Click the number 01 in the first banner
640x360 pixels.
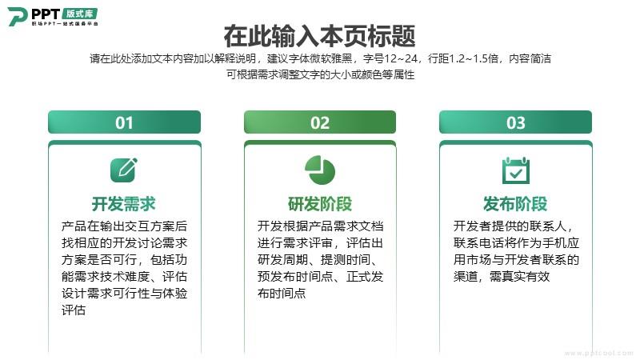point(124,123)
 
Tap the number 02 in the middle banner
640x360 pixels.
point(319,123)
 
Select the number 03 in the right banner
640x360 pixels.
point(515,123)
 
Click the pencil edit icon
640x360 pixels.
point(124,170)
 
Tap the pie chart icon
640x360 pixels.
point(320,170)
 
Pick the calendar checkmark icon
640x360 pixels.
point(515,170)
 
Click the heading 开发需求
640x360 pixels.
point(124,204)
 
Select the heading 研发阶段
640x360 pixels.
point(319,204)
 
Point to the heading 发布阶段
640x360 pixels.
point(515,204)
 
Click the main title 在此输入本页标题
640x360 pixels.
point(319,36)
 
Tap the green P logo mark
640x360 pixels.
point(18,16)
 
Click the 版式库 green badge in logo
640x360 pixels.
point(79,14)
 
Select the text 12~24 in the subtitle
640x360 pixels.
point(401,58)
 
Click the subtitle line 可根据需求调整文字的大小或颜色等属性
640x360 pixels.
point(321,74)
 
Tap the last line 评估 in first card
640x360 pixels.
point(74,310)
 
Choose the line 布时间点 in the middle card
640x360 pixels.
point(282,294)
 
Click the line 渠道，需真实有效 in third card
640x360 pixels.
point(502,277)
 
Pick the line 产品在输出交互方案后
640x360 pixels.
point(124,226)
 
